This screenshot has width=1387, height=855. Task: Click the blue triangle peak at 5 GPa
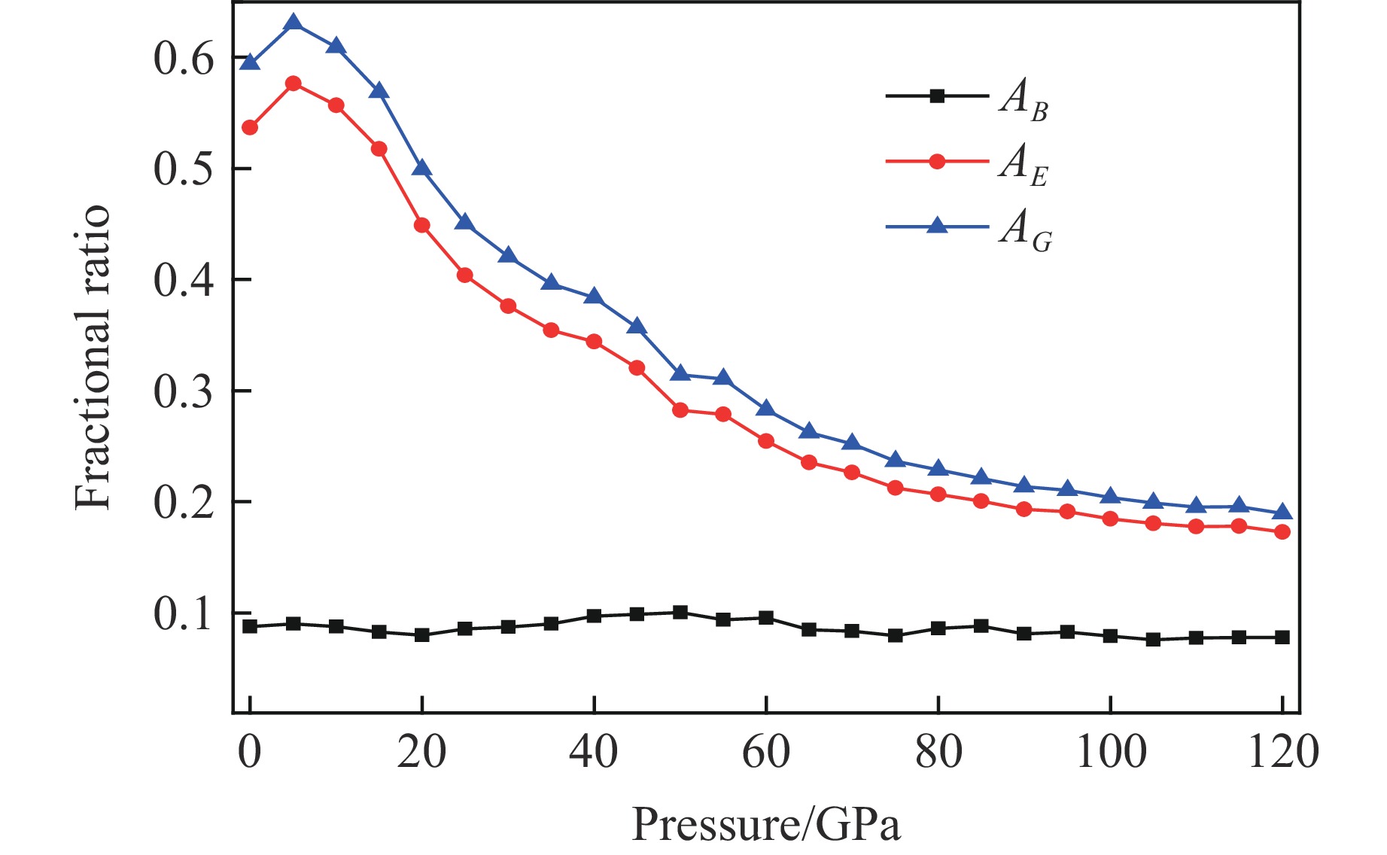(294, 23)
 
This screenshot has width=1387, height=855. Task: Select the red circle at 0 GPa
(250, 128)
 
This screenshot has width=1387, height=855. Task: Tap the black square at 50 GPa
(680, 612)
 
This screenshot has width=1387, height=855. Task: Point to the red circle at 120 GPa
(1282, 532)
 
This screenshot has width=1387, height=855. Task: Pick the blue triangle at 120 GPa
(1282, 513)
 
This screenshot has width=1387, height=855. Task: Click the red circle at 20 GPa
(422, 225)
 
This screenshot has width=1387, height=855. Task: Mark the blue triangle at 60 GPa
(766, 409)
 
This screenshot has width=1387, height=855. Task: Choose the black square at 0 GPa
(250, 626)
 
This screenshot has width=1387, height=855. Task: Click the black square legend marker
(937, 96)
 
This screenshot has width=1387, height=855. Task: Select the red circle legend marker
(937, 161)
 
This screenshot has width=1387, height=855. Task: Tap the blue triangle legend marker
(937, 225)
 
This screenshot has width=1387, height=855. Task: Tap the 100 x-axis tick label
(1111, 753)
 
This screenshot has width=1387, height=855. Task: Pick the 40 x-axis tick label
(594, 753)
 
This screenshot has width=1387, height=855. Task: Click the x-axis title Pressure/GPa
(765, 825)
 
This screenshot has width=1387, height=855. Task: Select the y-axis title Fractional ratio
(93, 358)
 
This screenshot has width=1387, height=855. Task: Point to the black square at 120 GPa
(1282, 637)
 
